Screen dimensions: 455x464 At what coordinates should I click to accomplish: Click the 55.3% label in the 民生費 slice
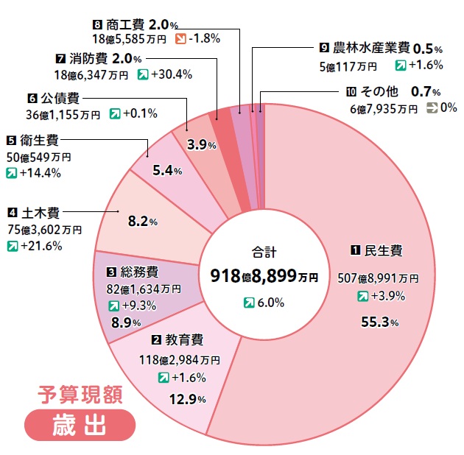click(380, 322)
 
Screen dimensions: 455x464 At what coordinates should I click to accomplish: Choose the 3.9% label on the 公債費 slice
click(201, 145)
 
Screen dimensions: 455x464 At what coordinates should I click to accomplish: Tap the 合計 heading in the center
click(263, 250)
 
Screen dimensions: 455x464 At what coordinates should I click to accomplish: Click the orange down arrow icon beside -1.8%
click(180, 38)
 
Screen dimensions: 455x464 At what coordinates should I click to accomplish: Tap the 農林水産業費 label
click(371, 48)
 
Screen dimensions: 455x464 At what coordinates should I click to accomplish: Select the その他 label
click(382, 92)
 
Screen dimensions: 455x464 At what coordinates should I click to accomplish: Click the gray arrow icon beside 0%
click(431, 108)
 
